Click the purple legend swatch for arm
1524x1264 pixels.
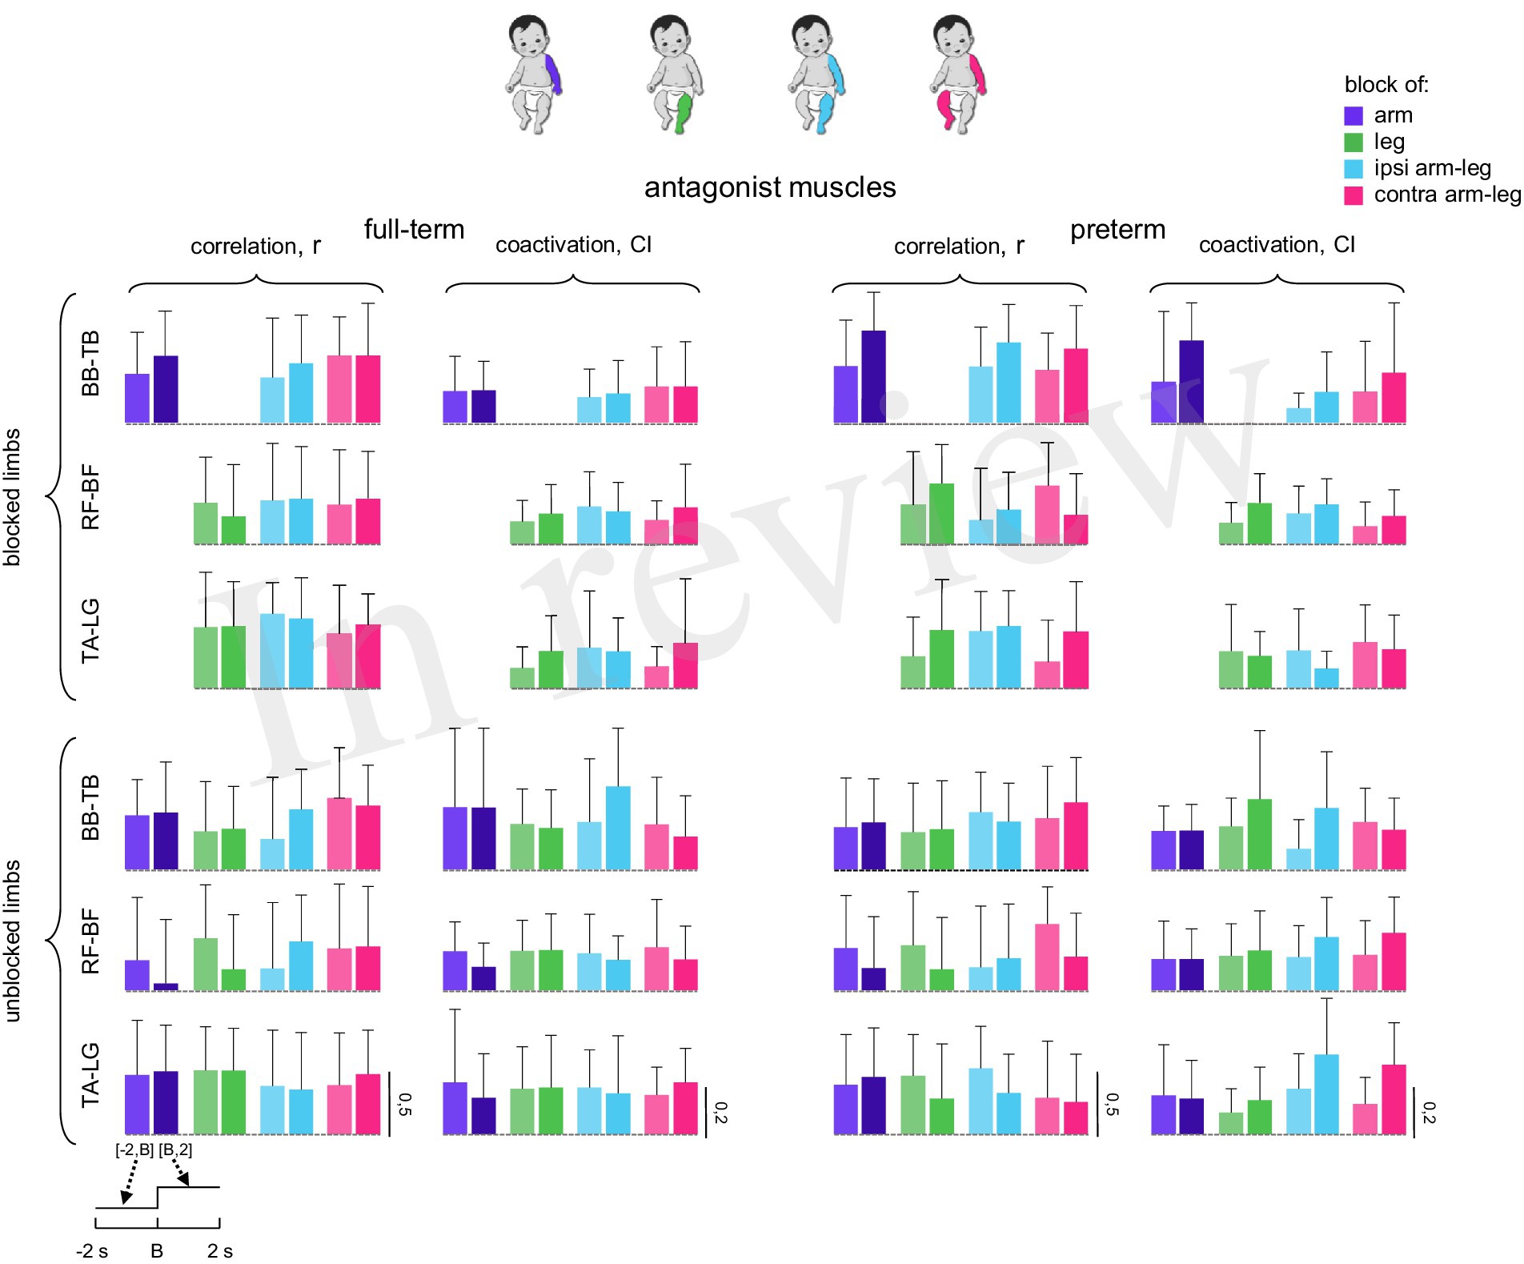pyautogui.click(x=1353, y=116)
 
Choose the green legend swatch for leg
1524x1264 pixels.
pyautogui.click(x=1353, y=142)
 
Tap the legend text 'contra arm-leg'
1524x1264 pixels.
pyautogui.click(x=1446, y=195)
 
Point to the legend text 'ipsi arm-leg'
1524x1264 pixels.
pyautogui.click(x=1432, y=168)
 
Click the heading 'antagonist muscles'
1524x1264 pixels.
pyautogui.click(x=770, y=187)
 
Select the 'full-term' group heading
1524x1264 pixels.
pyautogui.click(x=414, y=230)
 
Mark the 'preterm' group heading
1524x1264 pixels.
pyautogui.click(x=1117, y=230)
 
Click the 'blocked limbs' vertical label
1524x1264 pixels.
pyautogui.click(x=13, y=497)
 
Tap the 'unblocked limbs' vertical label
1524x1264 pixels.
pyautogui.click(x=13, y=941)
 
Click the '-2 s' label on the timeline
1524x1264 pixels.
pyautogui.click(x=92, y=1251)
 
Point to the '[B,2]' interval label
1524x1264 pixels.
pyautogui.click(x=175, y=1150)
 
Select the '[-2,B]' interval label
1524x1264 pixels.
pyautogui.click(x=134, y=1150)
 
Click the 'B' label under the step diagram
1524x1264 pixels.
pyautogui.click(x=157, y=1251)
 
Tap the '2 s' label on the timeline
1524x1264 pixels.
pyautogui.click(x=220, y=1251)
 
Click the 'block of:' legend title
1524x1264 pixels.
pyautogui.click(x=1386, y=85)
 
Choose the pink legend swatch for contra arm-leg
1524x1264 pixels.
pyautogui.click(x=1353, y=195)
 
